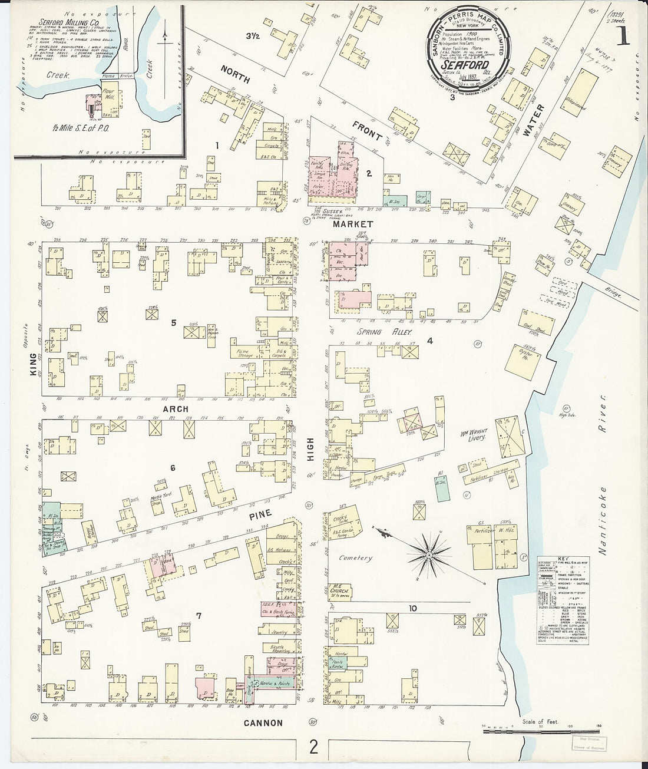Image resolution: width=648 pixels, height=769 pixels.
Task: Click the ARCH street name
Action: click(176, 408)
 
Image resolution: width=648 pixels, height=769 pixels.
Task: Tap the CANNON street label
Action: click(263, 722)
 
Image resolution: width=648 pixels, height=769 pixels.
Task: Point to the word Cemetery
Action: click(355, 557)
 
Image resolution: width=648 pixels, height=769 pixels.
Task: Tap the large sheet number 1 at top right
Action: click(622, 37)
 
